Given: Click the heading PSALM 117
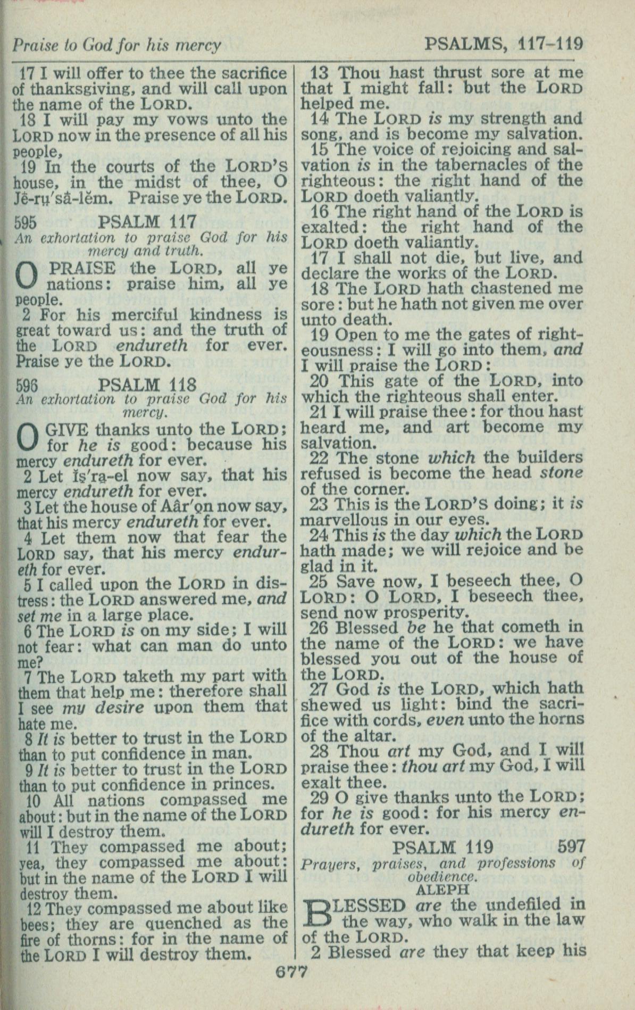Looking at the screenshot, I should point(148,221).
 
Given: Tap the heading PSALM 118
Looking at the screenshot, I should point(148,384).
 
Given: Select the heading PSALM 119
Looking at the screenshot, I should point(443,847).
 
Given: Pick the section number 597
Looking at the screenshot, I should point(572,846).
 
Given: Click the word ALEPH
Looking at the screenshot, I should point(442,889).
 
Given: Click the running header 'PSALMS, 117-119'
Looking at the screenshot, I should point(504,44).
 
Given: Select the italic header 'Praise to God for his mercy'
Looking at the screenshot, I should point(116,45).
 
